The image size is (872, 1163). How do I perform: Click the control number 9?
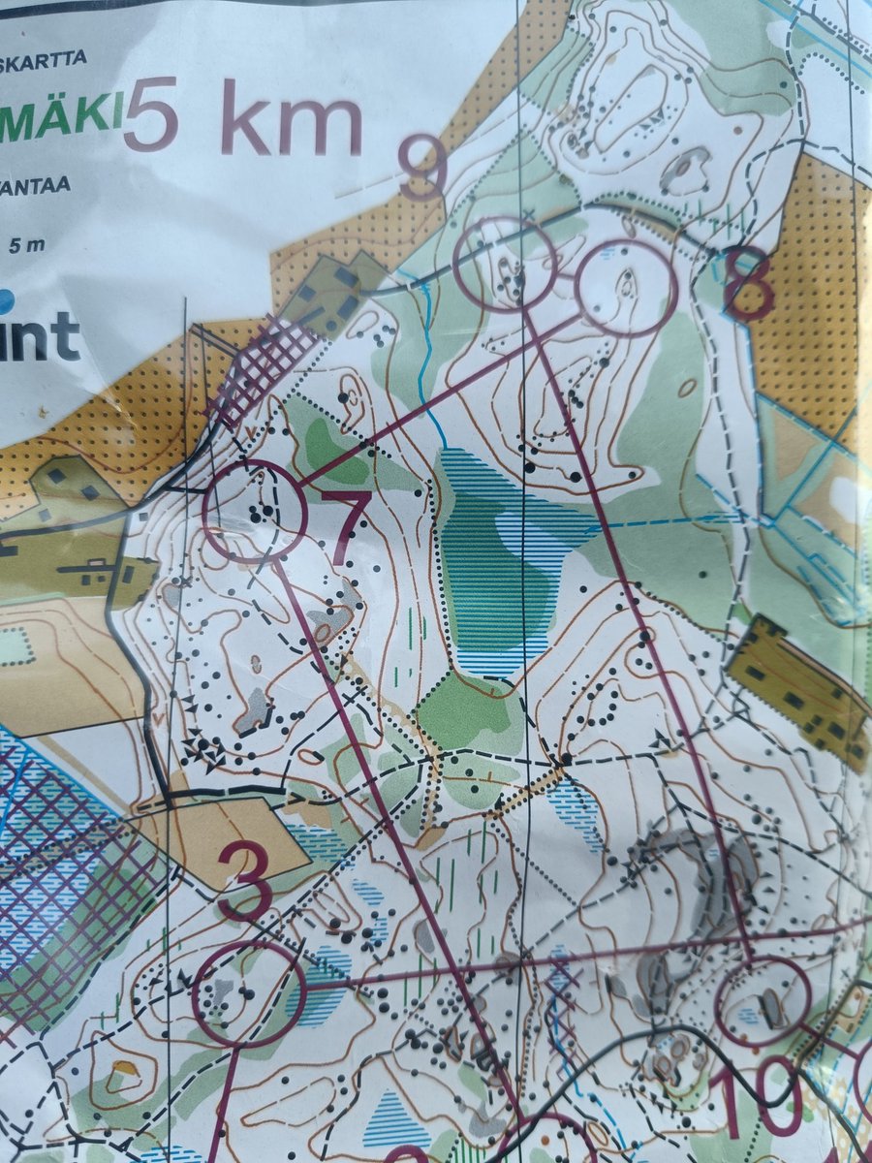pyautogui.click(x=422, y=171)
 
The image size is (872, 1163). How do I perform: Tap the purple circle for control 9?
pyautogui.click(x=505, y=264)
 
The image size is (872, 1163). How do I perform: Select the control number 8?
pyautogui.click(x=748, y=283)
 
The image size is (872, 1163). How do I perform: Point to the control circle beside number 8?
pyautogui.click(x=626, y=287)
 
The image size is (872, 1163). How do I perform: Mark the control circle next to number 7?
pyautogui.click(x=255, y=512)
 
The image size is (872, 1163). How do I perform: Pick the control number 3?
pyautogui.click(x=243, y=880)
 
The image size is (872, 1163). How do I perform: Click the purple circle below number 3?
pyautogui.click(x=249, y=993)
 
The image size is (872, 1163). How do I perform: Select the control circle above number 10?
pyautogui.click(x=763, y=1001)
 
